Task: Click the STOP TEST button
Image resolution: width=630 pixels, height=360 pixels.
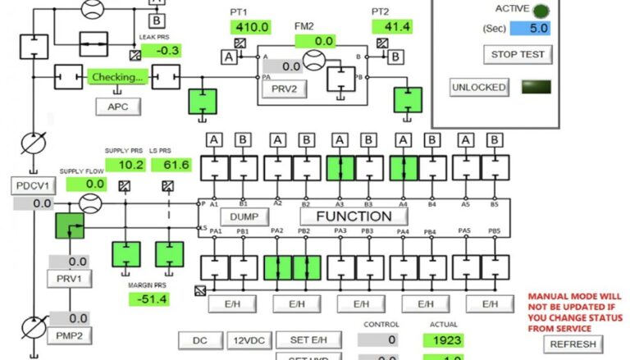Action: [x=517, y=55]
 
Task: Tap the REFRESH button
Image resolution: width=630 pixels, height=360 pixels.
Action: [x=573, y=344]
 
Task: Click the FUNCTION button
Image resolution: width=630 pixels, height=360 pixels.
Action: [x=354, y=216]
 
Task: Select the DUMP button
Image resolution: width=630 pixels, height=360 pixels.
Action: [x=244, y=217]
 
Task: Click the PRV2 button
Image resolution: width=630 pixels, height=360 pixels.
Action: [x=284, y=89]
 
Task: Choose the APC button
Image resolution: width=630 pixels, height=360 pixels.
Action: [x=118, y=106]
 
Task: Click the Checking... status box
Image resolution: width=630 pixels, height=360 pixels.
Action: [x=118, y=77]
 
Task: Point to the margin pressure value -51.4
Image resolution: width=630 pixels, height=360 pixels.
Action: [x=148, y=299]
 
